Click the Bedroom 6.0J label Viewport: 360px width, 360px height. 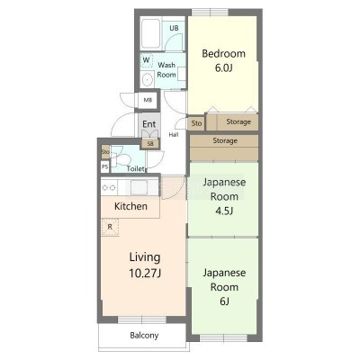(223, 60)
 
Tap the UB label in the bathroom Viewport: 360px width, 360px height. (174, 28)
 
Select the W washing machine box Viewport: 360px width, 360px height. (147, 60)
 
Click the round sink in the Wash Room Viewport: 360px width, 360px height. (147, 80)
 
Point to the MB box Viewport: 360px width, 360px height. (148, 100)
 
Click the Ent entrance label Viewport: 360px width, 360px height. (148, 124)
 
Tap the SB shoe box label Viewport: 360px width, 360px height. (150, 144)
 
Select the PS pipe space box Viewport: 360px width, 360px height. (104, 166)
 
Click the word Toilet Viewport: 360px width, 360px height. (136, 169)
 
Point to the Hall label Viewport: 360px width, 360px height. (174, 135)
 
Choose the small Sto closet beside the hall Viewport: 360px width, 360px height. (196, 123)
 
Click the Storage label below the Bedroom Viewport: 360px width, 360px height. (238, 121)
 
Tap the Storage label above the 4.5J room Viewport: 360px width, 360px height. (225, 140)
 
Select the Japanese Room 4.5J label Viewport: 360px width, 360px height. (224, 196)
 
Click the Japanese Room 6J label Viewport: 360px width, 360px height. (224, 287)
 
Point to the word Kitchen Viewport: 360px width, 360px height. (130, 206)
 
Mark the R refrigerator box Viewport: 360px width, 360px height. (110, 227)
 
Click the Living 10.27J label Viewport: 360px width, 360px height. (145, 265)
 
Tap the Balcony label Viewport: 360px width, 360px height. (144, 336)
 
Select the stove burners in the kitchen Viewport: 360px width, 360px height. (109, 188)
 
